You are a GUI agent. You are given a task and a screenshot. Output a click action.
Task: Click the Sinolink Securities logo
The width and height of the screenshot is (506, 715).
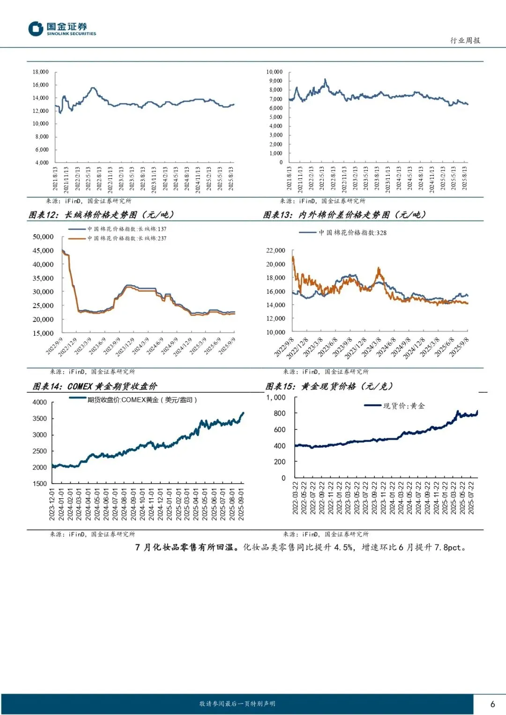(62, 29)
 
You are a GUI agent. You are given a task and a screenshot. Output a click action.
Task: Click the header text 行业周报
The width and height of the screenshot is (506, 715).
(465, 41)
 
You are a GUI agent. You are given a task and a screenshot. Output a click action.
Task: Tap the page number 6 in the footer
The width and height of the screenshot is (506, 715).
(492, 704)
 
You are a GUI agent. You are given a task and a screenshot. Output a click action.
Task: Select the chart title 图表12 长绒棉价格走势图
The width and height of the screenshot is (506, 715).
(101, 215)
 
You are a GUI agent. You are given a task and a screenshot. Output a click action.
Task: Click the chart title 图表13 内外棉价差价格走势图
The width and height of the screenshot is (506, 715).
(344, 215)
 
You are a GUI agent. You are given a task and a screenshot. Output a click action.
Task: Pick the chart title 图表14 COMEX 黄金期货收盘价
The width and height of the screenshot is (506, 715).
(95, 386)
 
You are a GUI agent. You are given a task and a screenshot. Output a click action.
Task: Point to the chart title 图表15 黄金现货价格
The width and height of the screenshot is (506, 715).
(329, 386)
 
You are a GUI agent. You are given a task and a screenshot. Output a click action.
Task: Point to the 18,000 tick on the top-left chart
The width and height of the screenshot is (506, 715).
(41, 72)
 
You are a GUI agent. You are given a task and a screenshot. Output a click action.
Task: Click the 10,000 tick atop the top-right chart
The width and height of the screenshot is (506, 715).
(275, 72)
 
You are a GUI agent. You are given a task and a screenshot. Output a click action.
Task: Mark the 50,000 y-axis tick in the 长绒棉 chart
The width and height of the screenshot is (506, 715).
(43, 237)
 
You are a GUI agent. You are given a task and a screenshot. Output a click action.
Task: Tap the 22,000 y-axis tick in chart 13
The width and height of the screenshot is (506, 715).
(275, 251)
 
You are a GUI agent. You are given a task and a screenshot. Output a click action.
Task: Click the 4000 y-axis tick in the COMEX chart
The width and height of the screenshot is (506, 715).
(40, 402)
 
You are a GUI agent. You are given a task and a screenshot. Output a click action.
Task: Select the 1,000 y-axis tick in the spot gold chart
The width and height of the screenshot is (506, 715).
(276, 398)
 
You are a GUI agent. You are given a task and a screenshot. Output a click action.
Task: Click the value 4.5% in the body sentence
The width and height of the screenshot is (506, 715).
(344, 547)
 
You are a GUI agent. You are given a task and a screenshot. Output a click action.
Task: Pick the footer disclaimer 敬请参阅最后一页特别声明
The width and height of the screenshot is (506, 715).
(237, 704)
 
